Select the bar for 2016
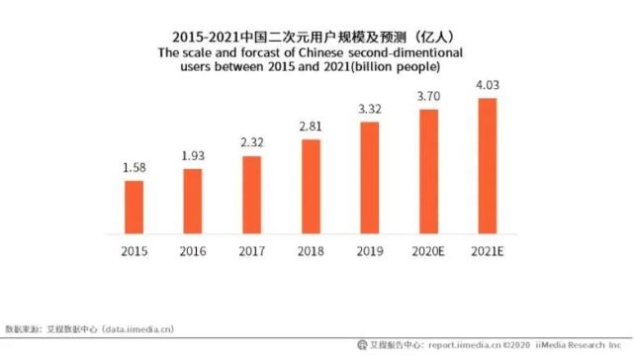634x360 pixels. [193, 201]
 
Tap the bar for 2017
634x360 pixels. [252, 195]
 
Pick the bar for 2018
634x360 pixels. [311, 186]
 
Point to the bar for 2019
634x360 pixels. [370, 177]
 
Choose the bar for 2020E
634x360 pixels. [429, 171]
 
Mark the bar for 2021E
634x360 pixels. [488, 166]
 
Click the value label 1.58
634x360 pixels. [134, 168]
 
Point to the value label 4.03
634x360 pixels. [488, 85]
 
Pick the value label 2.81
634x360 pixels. [311, 128]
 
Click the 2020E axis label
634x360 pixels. [429, 252]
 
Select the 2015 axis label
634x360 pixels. [134, 252]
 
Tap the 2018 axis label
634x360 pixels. [311, 252]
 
